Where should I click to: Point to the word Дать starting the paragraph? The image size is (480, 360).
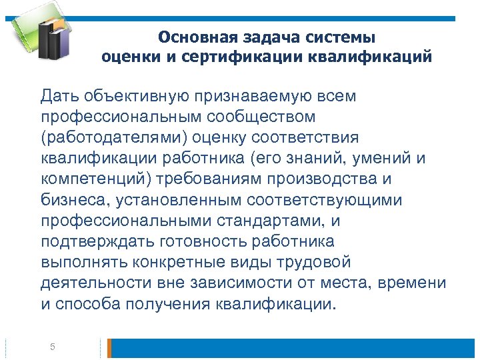pos(58,97)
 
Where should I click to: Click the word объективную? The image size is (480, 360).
pos(133,97)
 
